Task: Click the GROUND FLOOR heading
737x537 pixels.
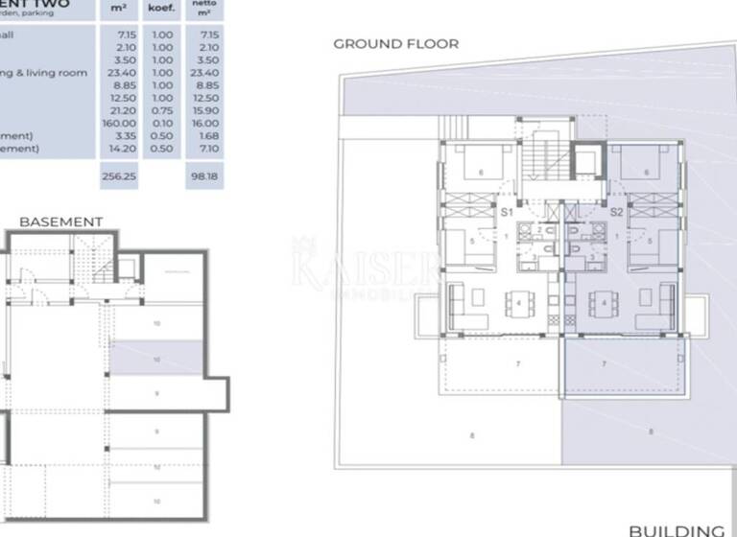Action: (395, 44)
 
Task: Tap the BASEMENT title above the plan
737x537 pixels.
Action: (60, 222)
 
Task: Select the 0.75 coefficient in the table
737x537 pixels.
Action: (163, 110)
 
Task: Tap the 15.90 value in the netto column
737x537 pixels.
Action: (206, 110)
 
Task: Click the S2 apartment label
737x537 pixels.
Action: (617, 211)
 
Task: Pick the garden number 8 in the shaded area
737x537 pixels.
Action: (651, 432)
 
